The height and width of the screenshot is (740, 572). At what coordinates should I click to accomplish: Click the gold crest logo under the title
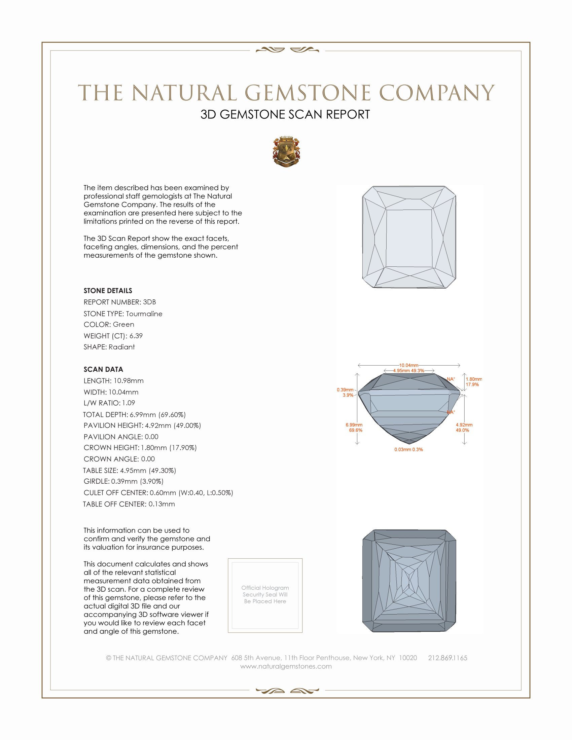click(286, 151)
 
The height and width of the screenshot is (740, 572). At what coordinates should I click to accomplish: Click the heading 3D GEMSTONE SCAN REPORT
click(285, 114)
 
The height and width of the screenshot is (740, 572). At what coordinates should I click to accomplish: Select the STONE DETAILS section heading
click(108, 291)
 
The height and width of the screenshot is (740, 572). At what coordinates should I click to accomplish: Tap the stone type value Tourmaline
click(144, 314)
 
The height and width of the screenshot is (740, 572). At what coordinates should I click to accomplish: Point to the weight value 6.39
click(136, 336)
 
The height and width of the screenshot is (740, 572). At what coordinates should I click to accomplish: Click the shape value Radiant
click(122, 347)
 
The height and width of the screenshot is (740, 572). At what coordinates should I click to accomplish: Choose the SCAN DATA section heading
click(103, 369)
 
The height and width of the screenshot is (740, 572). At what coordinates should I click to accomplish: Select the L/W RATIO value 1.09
click(129, 403)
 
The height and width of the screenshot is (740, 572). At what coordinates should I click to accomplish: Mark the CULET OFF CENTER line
click(158, 493)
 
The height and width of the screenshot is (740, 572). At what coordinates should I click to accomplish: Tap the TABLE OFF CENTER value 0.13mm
click(162, 504)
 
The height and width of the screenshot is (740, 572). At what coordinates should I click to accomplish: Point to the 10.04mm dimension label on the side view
click(409, 365)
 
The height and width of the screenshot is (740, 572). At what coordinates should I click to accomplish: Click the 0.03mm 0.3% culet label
click(408, 450)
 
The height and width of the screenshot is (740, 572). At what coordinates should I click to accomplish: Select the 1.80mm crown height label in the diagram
click(473, 379)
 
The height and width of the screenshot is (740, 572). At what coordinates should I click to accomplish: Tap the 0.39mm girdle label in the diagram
click(345, 390)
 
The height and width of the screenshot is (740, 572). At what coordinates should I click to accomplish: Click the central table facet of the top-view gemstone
click(409, 238)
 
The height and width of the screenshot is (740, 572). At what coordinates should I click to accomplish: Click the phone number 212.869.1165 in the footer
click(447, 658)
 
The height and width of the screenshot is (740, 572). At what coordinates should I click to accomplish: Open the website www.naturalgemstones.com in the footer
click(286, 666)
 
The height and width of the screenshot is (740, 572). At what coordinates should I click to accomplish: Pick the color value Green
click(123, 325)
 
